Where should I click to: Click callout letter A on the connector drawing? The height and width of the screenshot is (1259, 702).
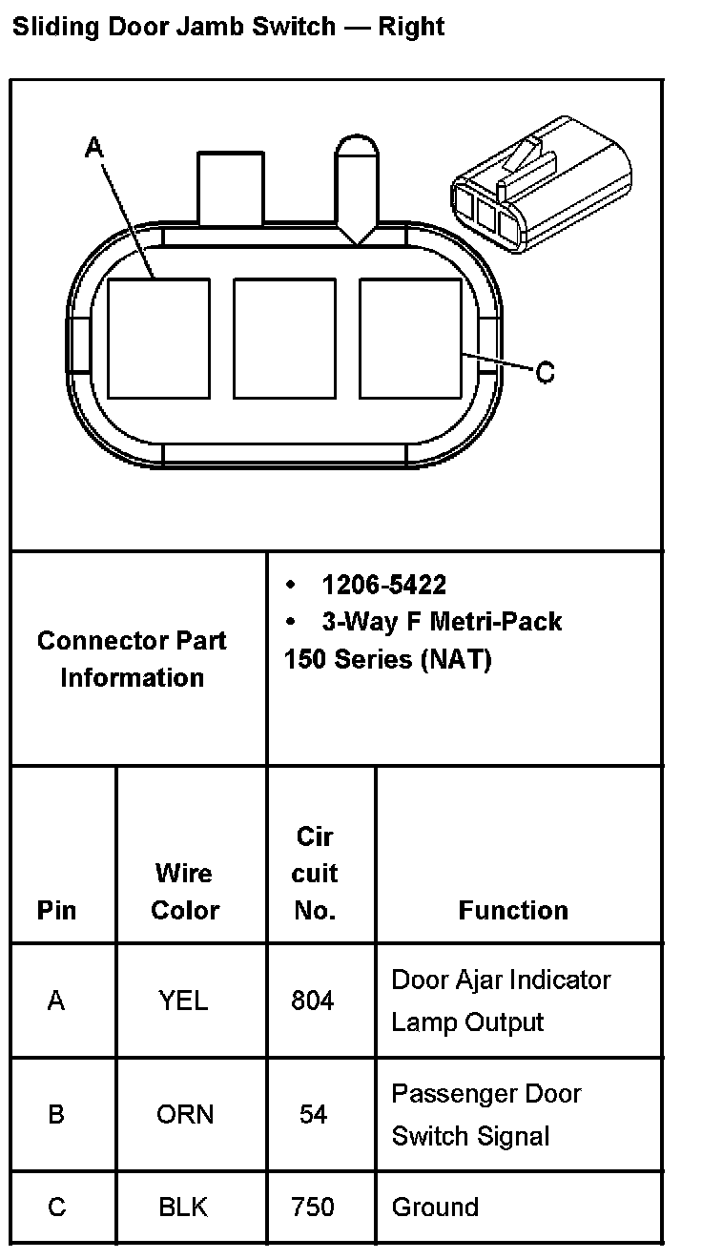pos(94,147)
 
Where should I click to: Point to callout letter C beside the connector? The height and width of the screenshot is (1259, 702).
pos(545,372)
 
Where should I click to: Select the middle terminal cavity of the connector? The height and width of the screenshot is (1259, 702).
pos(284,338)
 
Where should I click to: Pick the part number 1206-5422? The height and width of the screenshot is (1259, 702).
pos(383,585)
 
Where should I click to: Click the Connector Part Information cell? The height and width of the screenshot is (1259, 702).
pos(133,658)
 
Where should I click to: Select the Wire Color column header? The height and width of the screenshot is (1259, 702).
pos(185,891)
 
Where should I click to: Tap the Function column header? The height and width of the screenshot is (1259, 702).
pos(513,910)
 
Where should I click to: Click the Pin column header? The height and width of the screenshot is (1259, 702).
pos(56,910)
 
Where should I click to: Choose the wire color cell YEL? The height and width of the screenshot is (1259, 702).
pos(183,1001)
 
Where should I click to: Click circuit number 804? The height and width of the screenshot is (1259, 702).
pos(313,1001)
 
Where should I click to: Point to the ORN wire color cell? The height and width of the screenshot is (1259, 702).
pos(185,1114)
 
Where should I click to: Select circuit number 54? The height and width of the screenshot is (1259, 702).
pos(313,1114)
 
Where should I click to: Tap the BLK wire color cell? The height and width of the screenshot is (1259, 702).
pos(183,1207)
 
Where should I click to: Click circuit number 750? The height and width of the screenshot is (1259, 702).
pos(313,1207)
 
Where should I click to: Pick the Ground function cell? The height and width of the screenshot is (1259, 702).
pos(435,1207)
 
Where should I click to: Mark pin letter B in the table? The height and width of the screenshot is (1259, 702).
pos(56,1114)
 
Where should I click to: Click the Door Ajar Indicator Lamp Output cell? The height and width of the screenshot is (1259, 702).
pos(501,1001)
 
